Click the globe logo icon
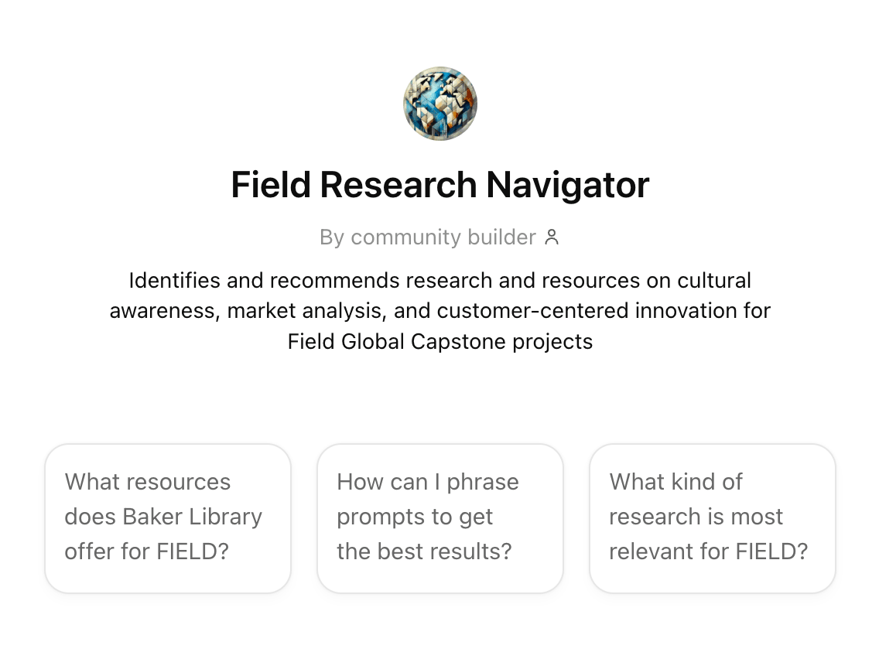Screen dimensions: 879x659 [x=440, y=104]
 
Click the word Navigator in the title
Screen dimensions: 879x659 [x=568, y=185]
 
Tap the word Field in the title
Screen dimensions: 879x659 [x=271, y=185]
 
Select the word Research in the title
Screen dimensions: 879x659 [x=398, y=185]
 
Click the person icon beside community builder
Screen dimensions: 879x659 [x=552, y=237]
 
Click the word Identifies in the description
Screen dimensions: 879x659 [x=174, y=280]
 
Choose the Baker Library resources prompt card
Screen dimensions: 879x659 [x=168, y=518]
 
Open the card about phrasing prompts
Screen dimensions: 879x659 [x=440, y=518]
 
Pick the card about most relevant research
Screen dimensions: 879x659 [x=713, y=518]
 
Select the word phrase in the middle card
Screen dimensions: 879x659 [x=483, y=482]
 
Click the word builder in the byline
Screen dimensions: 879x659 [x=501, y=237]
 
